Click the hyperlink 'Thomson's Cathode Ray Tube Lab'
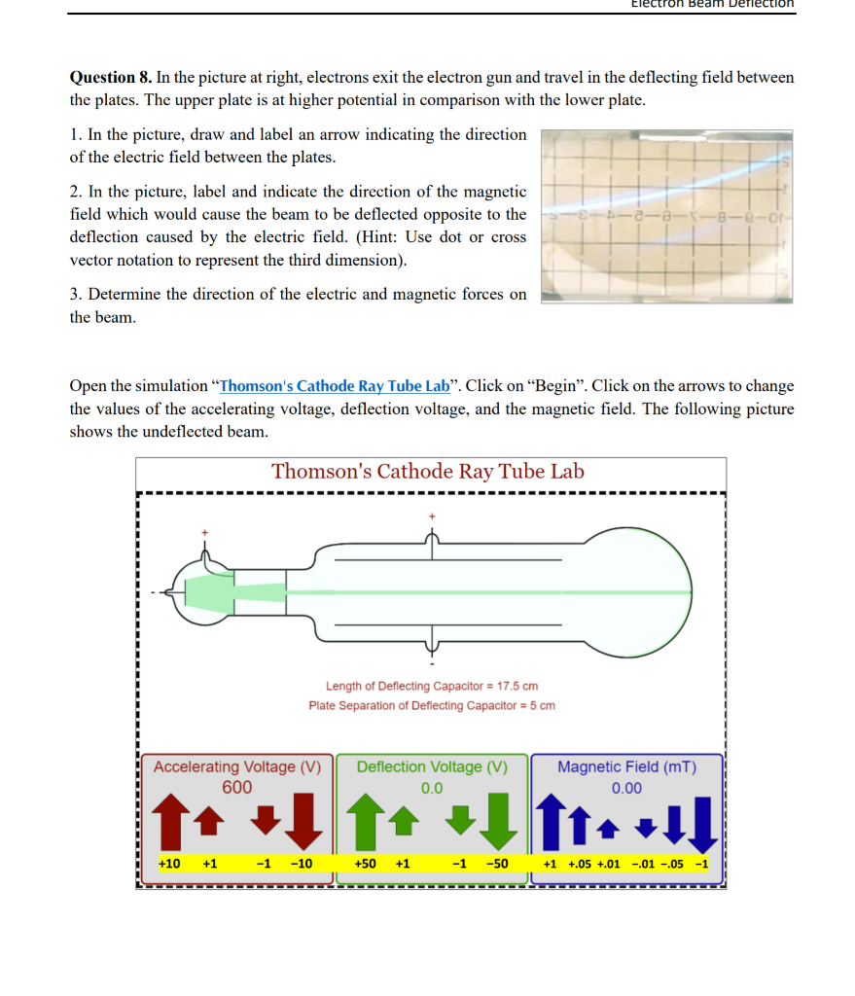pos(335,385)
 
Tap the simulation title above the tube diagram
pos(428,472)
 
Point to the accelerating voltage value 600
pos(236,787)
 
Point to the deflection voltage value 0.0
pos(431,788)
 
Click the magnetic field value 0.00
pos(626,788)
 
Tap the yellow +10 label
pos(169,864)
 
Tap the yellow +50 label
pos(366,864)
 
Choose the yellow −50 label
pos(497,864)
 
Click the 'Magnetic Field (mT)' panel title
pos(626,766)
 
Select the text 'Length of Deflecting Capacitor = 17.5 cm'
pos(432,686)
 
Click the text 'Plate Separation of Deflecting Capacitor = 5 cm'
pos(432,705)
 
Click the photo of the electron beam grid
pos(666,216)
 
